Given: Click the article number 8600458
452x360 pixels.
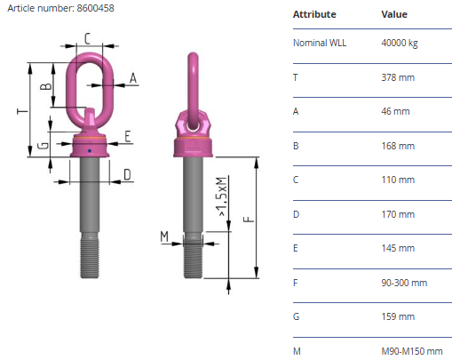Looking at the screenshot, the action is click(95, 8).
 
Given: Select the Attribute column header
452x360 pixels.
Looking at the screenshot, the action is click(314, 14).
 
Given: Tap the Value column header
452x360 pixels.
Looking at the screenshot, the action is click(394, 14).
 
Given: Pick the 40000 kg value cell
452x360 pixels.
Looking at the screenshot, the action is click(400, 43).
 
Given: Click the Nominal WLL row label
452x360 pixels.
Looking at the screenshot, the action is click(320, 43).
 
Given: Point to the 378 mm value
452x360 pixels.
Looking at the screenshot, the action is click(398, 77).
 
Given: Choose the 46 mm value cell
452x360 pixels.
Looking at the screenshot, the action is click(395, 111).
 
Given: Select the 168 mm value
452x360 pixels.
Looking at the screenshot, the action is click(398, 146).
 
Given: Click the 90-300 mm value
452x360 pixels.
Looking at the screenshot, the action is click(404, 283).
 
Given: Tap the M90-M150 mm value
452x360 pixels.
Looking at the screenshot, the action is click(412, 351).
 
